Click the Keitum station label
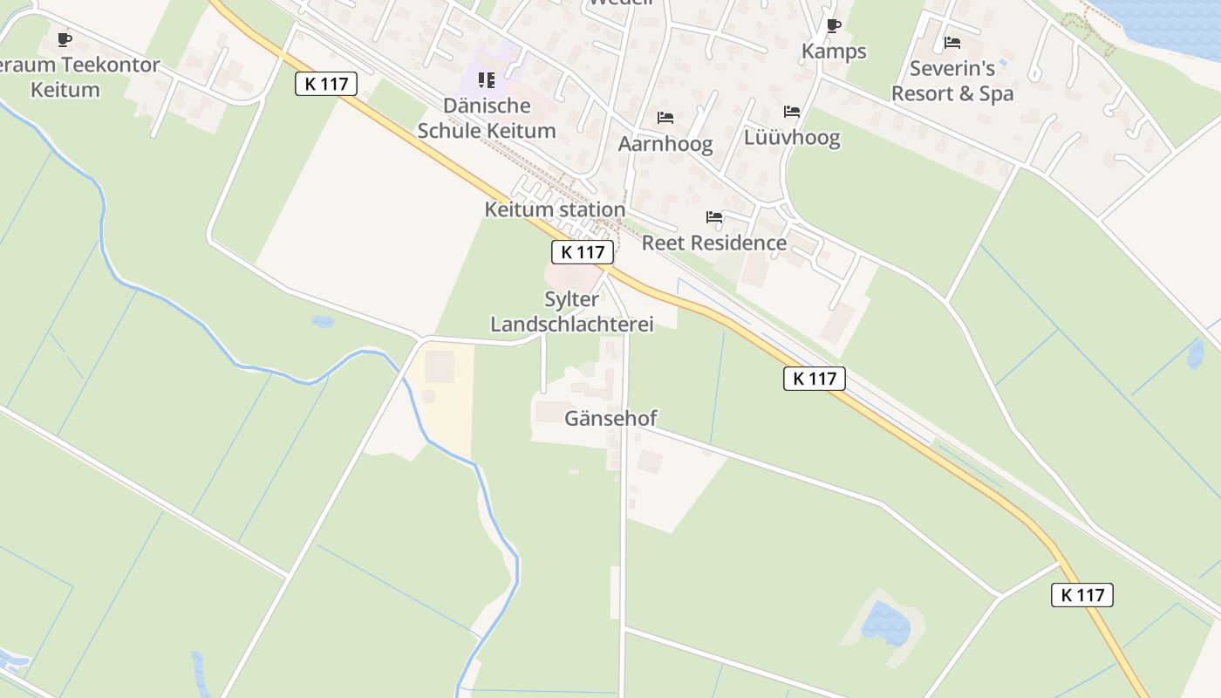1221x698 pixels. pyautogui.click(x=555, y=209)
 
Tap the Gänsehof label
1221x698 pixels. pyautogui.click(x=610, y=418)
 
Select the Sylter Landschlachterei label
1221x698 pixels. pyautogui.click(x=572, y=311)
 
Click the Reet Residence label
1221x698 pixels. pyautogui.click(x=714, y=243)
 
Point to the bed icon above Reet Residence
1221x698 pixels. pyautogui.click(x=714, y=216)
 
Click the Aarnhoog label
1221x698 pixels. pyautogui.click(x=665, y=144)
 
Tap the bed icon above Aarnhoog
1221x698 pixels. pyautogui.click(x=665, y=118)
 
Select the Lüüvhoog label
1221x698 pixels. pyautogui.click(x=792, y=138)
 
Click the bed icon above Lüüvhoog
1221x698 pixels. pyautogui.click(x=792, y=112)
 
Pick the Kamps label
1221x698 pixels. pyautogui.click(x=834, y=51)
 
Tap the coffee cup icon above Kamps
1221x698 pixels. pyautogui.click(x=834, y=25)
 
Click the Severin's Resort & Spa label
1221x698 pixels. pyautogui.click(x=952, y=81)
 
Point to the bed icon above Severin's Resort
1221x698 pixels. pyautogui.click(x=952, y=42)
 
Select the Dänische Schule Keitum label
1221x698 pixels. pyautogui.click(x=487, y=119)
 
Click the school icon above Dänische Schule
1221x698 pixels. pyautogui.click(x=487, y=80)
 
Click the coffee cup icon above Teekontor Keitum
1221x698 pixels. pyautogui.click(x=64, y=38)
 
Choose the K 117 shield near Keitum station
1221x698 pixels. pyautogui.click(x=583, y=252)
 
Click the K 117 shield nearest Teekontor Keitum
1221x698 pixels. pyautogui.click(x=326, y=84)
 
